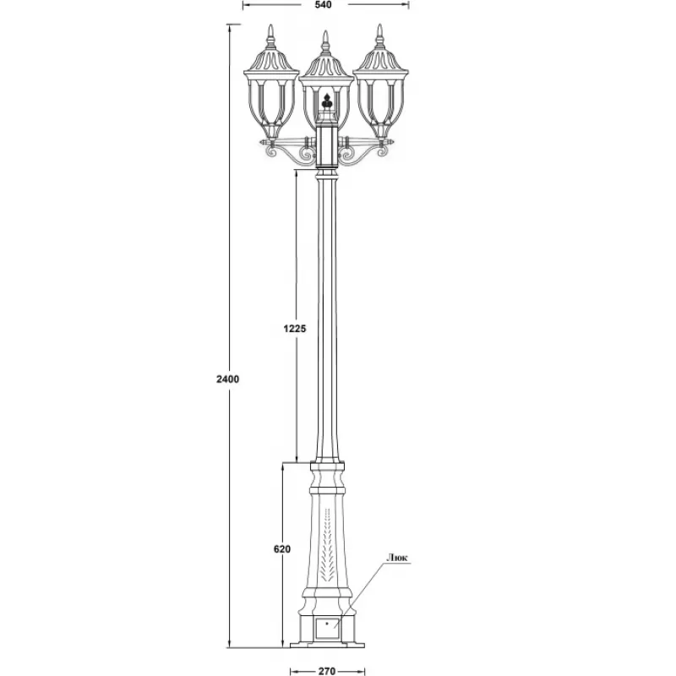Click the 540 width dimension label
click(x=324, y=5)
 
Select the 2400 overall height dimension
click(x=227, y=379)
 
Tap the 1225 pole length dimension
click(x=295, y=329)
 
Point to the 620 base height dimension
click(x=282, y=549)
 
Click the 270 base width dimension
click(x=327, y=671)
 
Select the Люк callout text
click(x=397, y=558)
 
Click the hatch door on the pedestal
click(x=327, y=628)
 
